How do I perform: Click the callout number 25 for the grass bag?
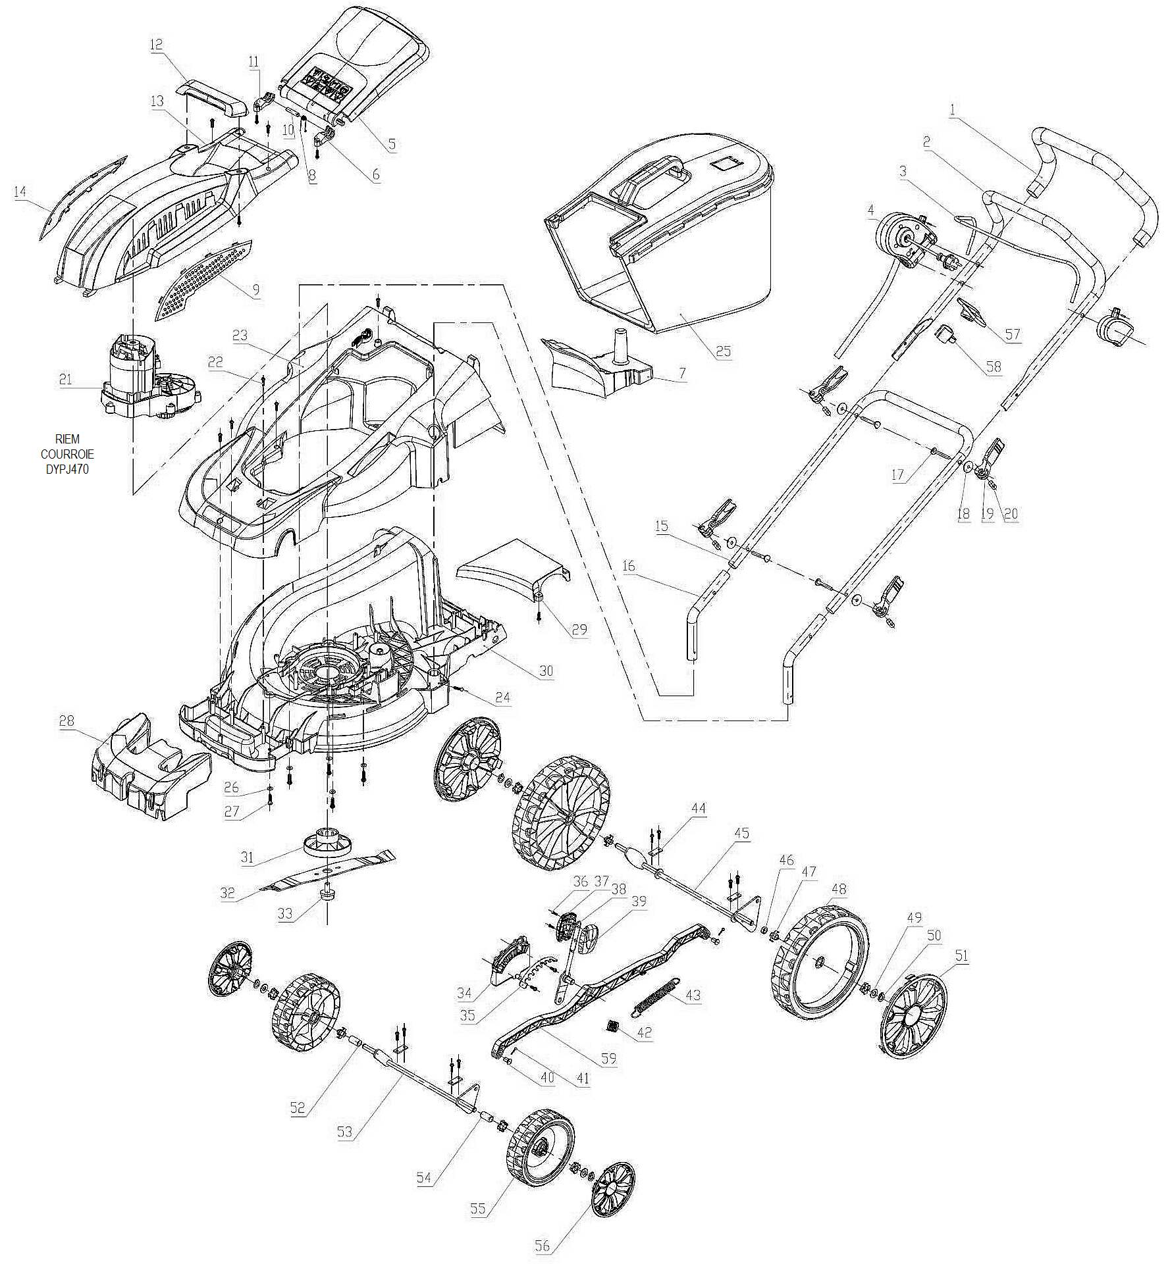click(723, 351)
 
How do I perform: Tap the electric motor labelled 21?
click(150, 377)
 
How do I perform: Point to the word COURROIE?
click(67, 455)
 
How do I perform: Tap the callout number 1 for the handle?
click(953, 111)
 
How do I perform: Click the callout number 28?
click(67, 720)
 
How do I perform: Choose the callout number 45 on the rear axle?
click(741, 833)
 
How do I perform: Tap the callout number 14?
click(20, 191)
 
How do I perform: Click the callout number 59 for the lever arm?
click(608, 1058)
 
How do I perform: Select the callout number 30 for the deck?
click(546, 671)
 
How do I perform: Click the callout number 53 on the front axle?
click(344, 1132)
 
